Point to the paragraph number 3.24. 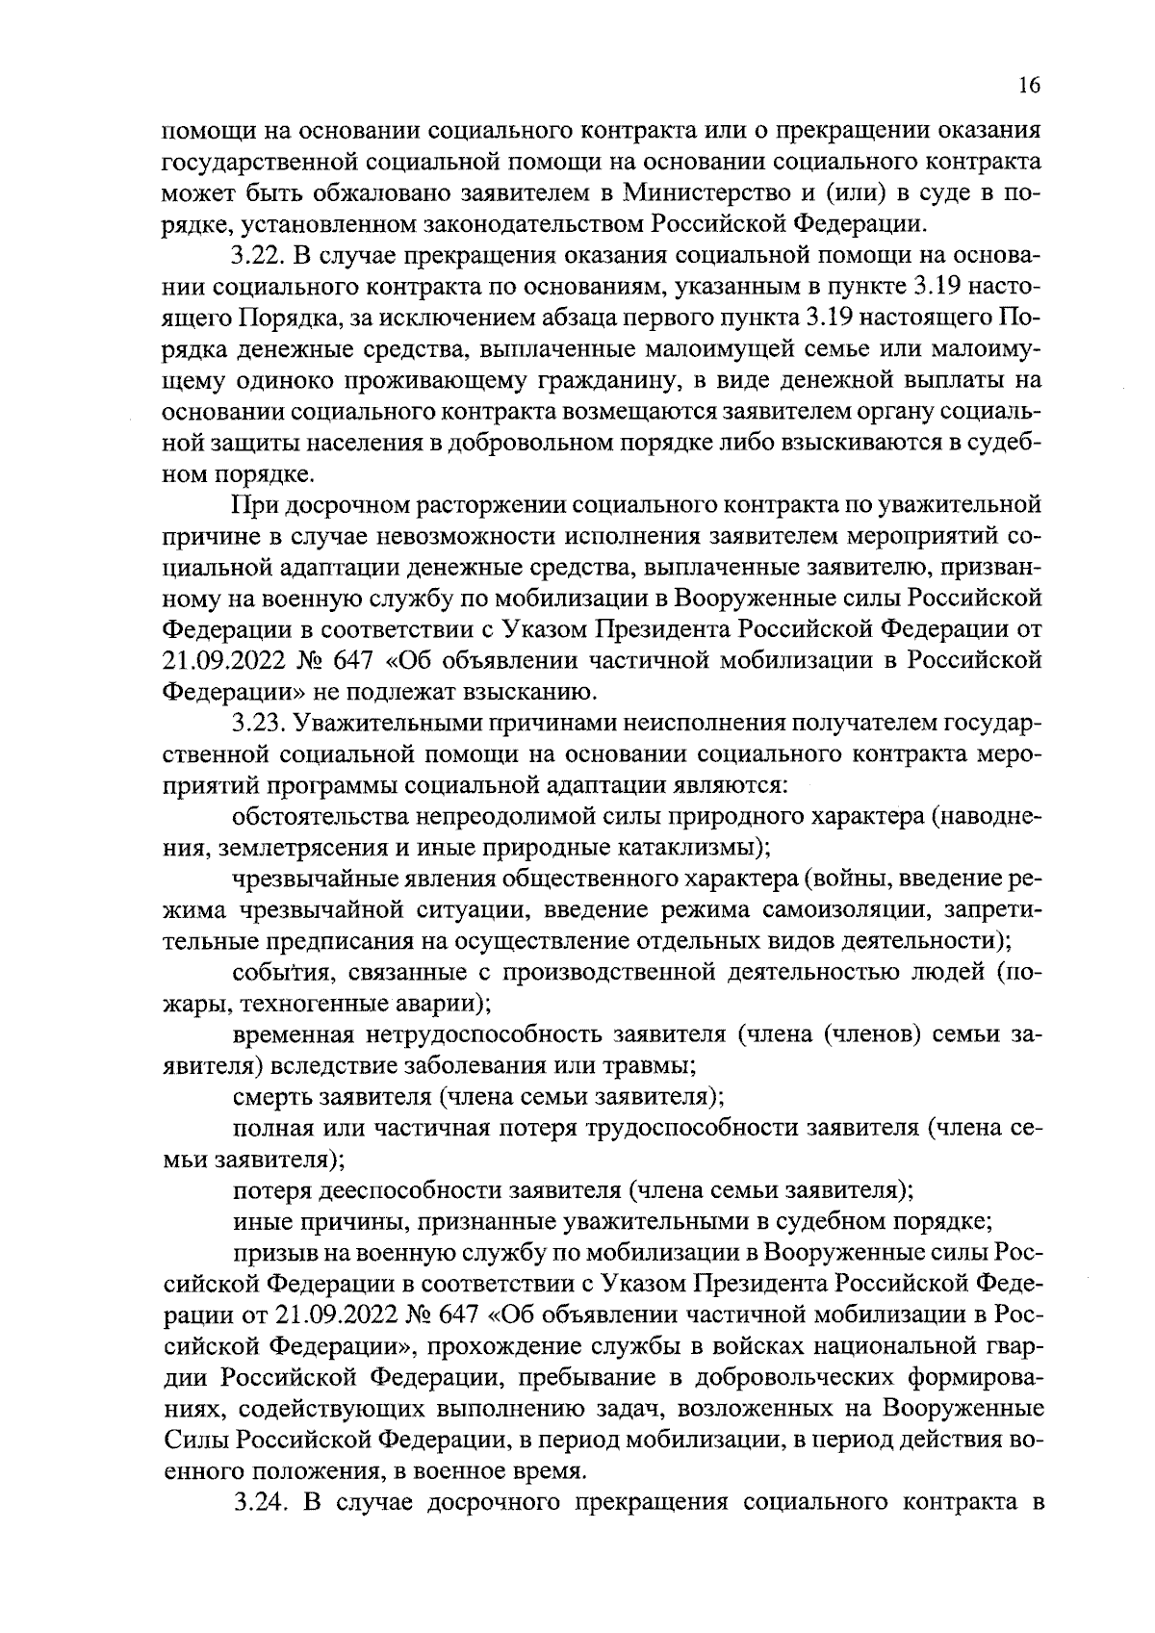[261, 1502]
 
